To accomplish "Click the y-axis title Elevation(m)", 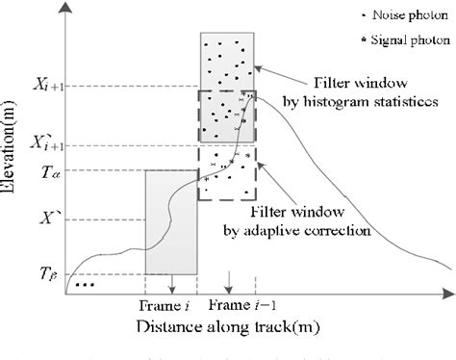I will click(14, 153).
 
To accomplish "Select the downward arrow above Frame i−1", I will click(229, 285).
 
